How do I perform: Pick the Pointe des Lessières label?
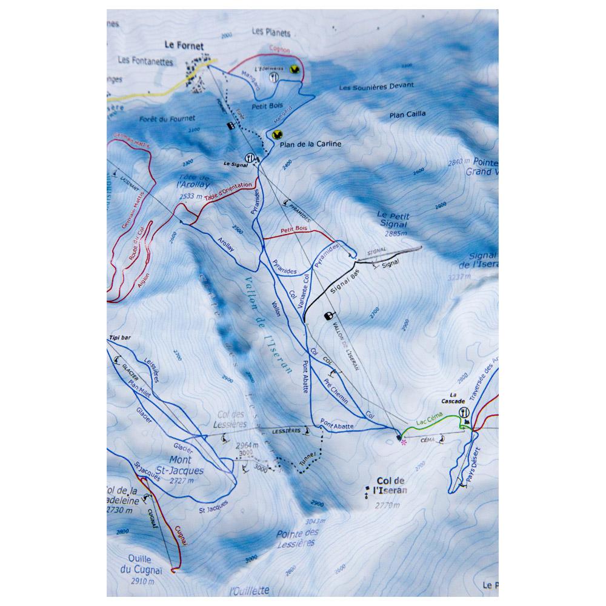[x=297, y=538]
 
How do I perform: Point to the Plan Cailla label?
[x=407, y=113]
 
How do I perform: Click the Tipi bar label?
[x=120, y=338]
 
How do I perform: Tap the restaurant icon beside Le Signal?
[x=248, y=156]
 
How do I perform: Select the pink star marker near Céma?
[x=404, y=442]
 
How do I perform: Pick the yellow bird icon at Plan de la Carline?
[x=277, y=135]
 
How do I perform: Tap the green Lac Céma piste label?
[x=428, y=419]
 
